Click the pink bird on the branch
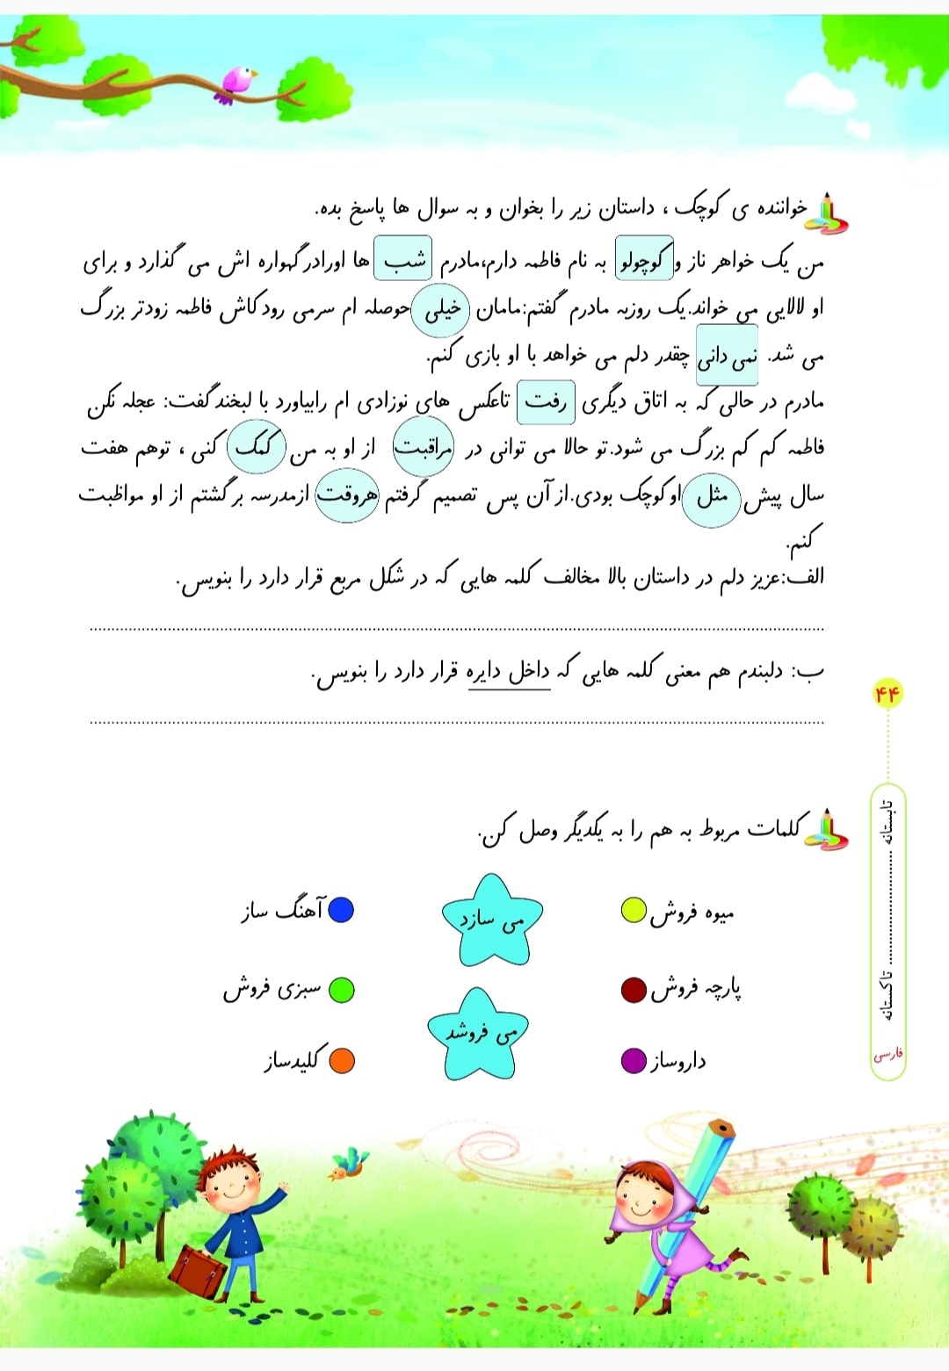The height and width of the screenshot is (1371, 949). [x=237, y=83]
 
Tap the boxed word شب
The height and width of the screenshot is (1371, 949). [x=403, y=258]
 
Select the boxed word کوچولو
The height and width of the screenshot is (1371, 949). [x=643, y=259]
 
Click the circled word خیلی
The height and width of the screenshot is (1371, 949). [x=441, y=309]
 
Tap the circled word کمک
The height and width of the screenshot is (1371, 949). [x=256, y=448]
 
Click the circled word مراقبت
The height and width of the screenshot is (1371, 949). [x=423, y=448]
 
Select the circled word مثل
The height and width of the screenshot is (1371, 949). [x=711, y=498]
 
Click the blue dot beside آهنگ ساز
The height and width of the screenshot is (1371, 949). [x=341, y=909]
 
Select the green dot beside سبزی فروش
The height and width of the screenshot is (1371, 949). [x=341, y=990]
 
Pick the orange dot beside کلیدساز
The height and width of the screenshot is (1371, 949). [x=341, y=1061]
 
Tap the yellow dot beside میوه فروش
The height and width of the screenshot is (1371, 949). [x=634, y=911]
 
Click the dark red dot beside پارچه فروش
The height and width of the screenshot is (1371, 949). [x=634, y=991]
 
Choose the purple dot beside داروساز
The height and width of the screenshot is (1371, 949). [x=634, y=1061]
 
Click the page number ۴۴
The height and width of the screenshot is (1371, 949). [x=887, y=694]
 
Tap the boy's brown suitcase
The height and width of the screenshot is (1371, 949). [x=198, y=1271]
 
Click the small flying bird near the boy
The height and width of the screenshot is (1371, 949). [x=347, y=1165]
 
